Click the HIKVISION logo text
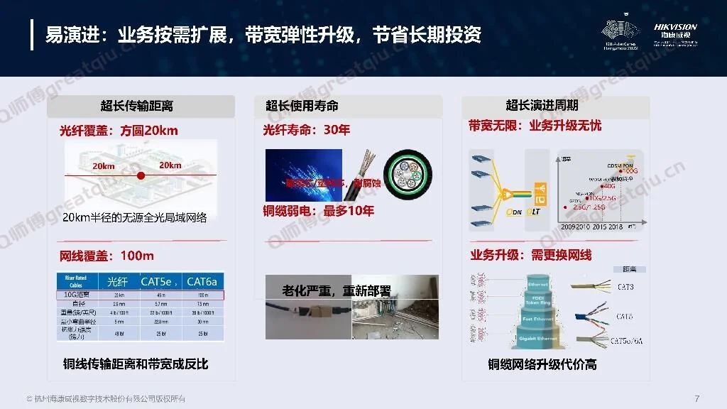click(675, 27)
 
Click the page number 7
click(697, 398)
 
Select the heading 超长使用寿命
click(302, 107)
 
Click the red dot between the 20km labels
click(141, 175)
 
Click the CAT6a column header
click(202, 282)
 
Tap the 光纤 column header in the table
click(117, 282)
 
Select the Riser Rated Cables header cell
click(76, 281)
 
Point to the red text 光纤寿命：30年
click(306, 131)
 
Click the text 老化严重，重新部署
click(336, 291)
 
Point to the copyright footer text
click(106, 398)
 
